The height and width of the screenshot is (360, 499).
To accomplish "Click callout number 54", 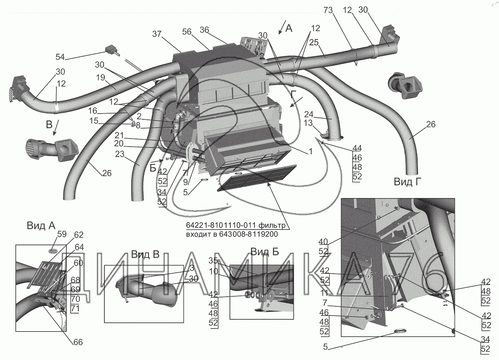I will [x=60, y=57].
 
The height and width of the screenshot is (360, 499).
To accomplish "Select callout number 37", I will [x=157, y=34].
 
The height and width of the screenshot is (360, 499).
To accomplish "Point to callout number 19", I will [x=100, y=77].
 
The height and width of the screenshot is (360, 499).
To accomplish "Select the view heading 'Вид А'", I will [x=41, y=226].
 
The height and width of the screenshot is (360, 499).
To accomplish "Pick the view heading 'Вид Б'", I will [x=264, y=251].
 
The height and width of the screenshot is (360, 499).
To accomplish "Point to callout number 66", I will [x=78, y=342].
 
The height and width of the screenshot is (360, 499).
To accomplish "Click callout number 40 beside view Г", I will [x=324, y=241].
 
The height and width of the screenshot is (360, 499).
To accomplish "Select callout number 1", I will [x=310, y=152].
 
